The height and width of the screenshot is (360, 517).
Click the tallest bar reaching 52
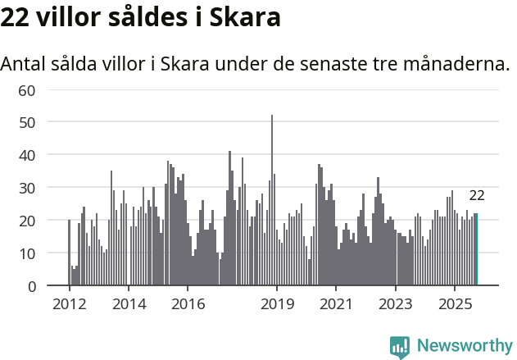click(x=272, y=201)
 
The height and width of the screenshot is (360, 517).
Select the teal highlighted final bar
click(x=476, y=249)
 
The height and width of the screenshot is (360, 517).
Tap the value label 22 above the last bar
click(x=476, y=196)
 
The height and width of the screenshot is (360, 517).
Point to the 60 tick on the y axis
click(x=27, y=89)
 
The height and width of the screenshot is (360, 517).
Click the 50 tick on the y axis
click(x=27, y=122)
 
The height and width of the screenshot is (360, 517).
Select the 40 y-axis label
click(x=27, y=155)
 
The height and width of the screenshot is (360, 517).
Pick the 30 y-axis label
click(x=27, y=188)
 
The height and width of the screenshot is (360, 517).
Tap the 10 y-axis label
click(x=27, y=253)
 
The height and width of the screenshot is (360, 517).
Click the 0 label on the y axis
click(x=31, y=286)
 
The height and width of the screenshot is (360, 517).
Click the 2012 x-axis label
click(x=69, y=304)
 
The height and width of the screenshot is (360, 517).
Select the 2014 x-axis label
click(x=129, y=304)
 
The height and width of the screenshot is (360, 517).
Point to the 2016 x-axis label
click(x=188, y=304)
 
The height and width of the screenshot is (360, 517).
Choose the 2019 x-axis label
click(x=277, y=304)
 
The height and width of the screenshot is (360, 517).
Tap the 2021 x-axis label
click(x=336, y=304)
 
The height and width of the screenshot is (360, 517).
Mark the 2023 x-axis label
click(x=396, y=304)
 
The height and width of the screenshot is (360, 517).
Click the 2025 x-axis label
click(x=455, y=304)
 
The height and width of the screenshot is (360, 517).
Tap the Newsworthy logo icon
click(x=400, y=347)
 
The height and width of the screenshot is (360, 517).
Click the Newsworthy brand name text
click(x=464, y=347)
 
